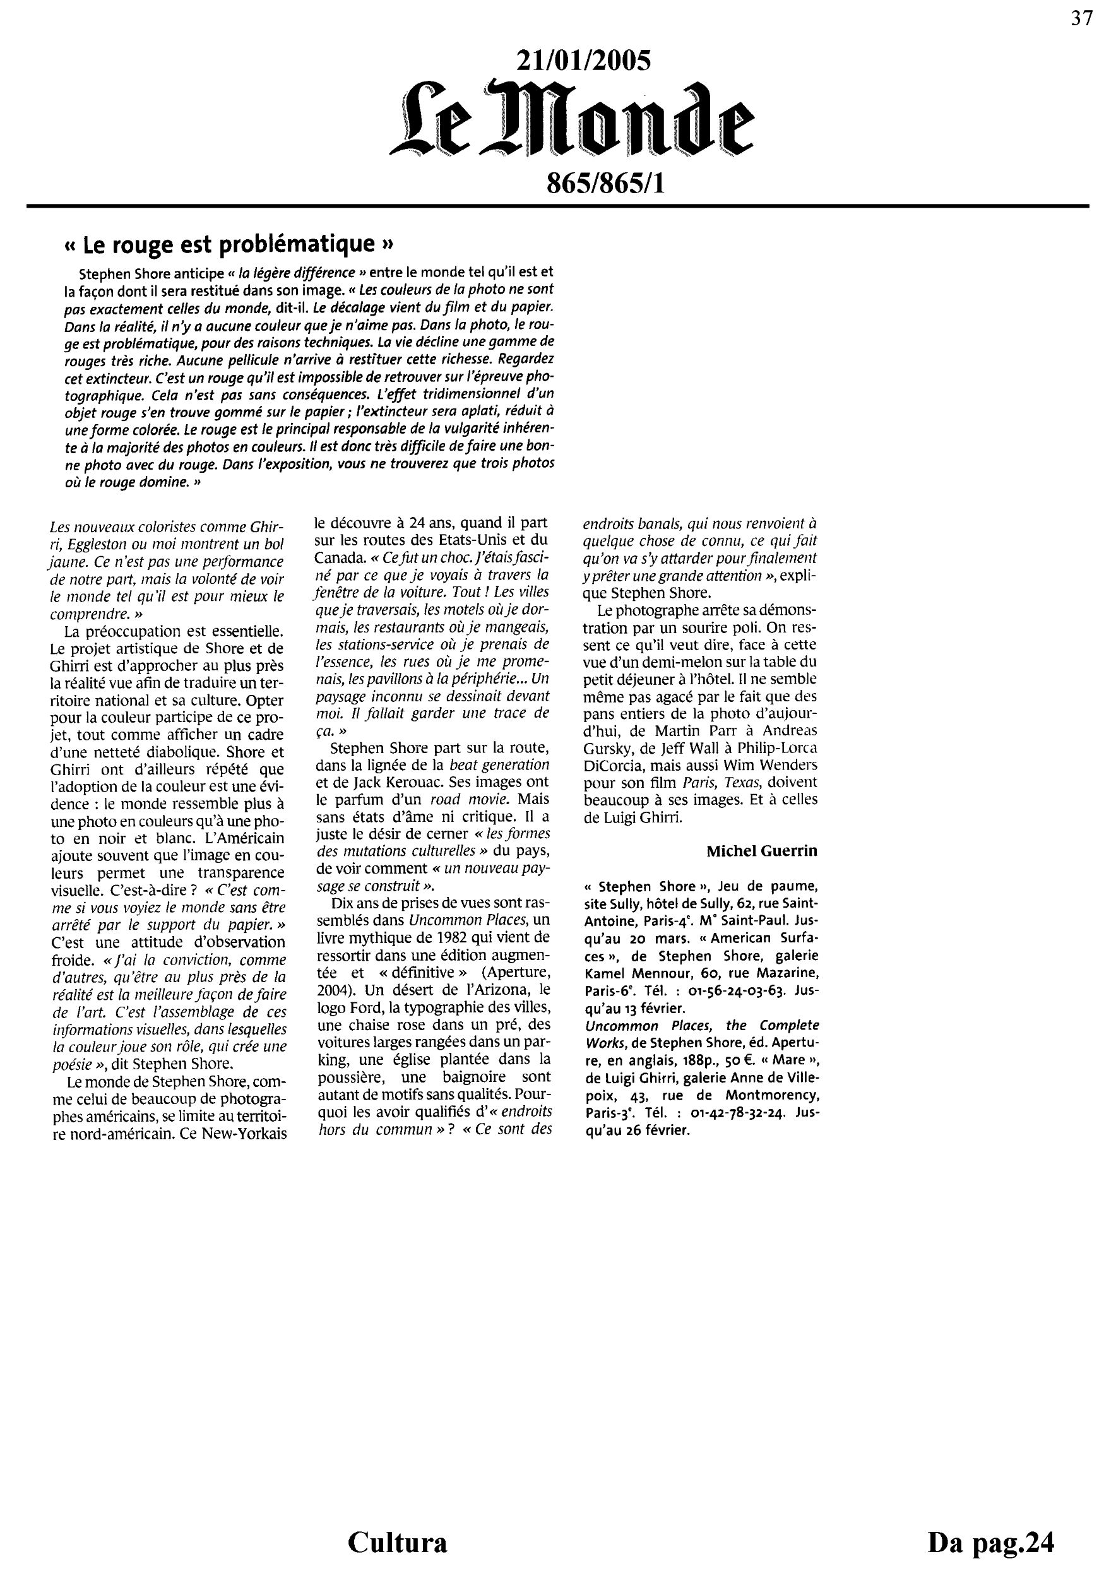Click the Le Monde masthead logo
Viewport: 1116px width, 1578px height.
click(x=571, y=122)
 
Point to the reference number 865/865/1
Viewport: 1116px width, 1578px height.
click(x=605, y=184)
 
